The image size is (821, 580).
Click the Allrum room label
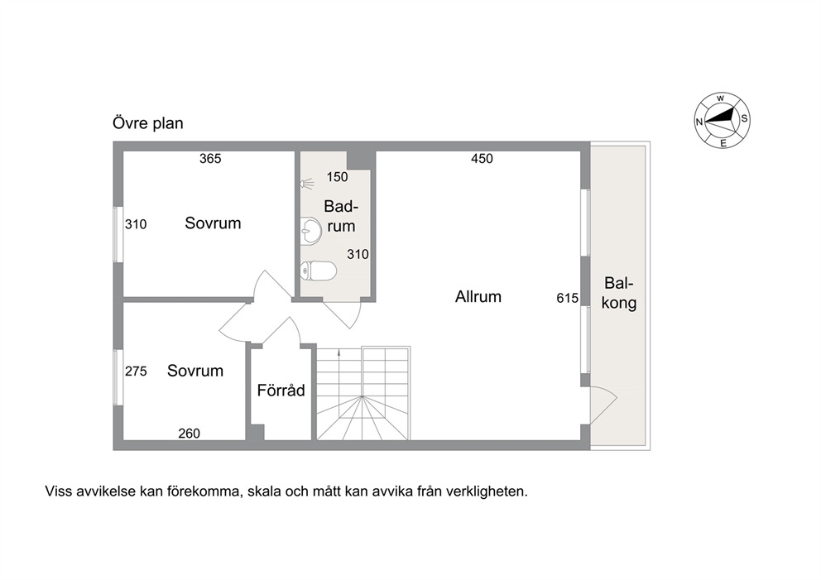point(478,297)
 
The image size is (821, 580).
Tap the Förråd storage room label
point(281,390)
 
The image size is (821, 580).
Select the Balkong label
point(619,293)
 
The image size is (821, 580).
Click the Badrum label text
point(341,216)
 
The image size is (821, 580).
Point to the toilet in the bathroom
point(319,271)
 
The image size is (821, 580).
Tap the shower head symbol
point(307,183)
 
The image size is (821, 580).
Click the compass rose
point(722,121)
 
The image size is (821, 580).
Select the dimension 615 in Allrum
point(568,299)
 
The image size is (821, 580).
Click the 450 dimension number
point(482,159)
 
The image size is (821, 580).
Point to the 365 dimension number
point(210,159)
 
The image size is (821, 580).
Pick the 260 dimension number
point(189,434)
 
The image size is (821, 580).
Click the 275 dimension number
point(136,371)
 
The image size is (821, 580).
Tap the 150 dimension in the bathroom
point(337,177)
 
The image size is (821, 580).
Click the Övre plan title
point(148,123)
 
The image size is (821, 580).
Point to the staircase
point(363,393)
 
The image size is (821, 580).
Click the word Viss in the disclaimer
point(58,491)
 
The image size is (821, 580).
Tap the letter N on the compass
point(699,122)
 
